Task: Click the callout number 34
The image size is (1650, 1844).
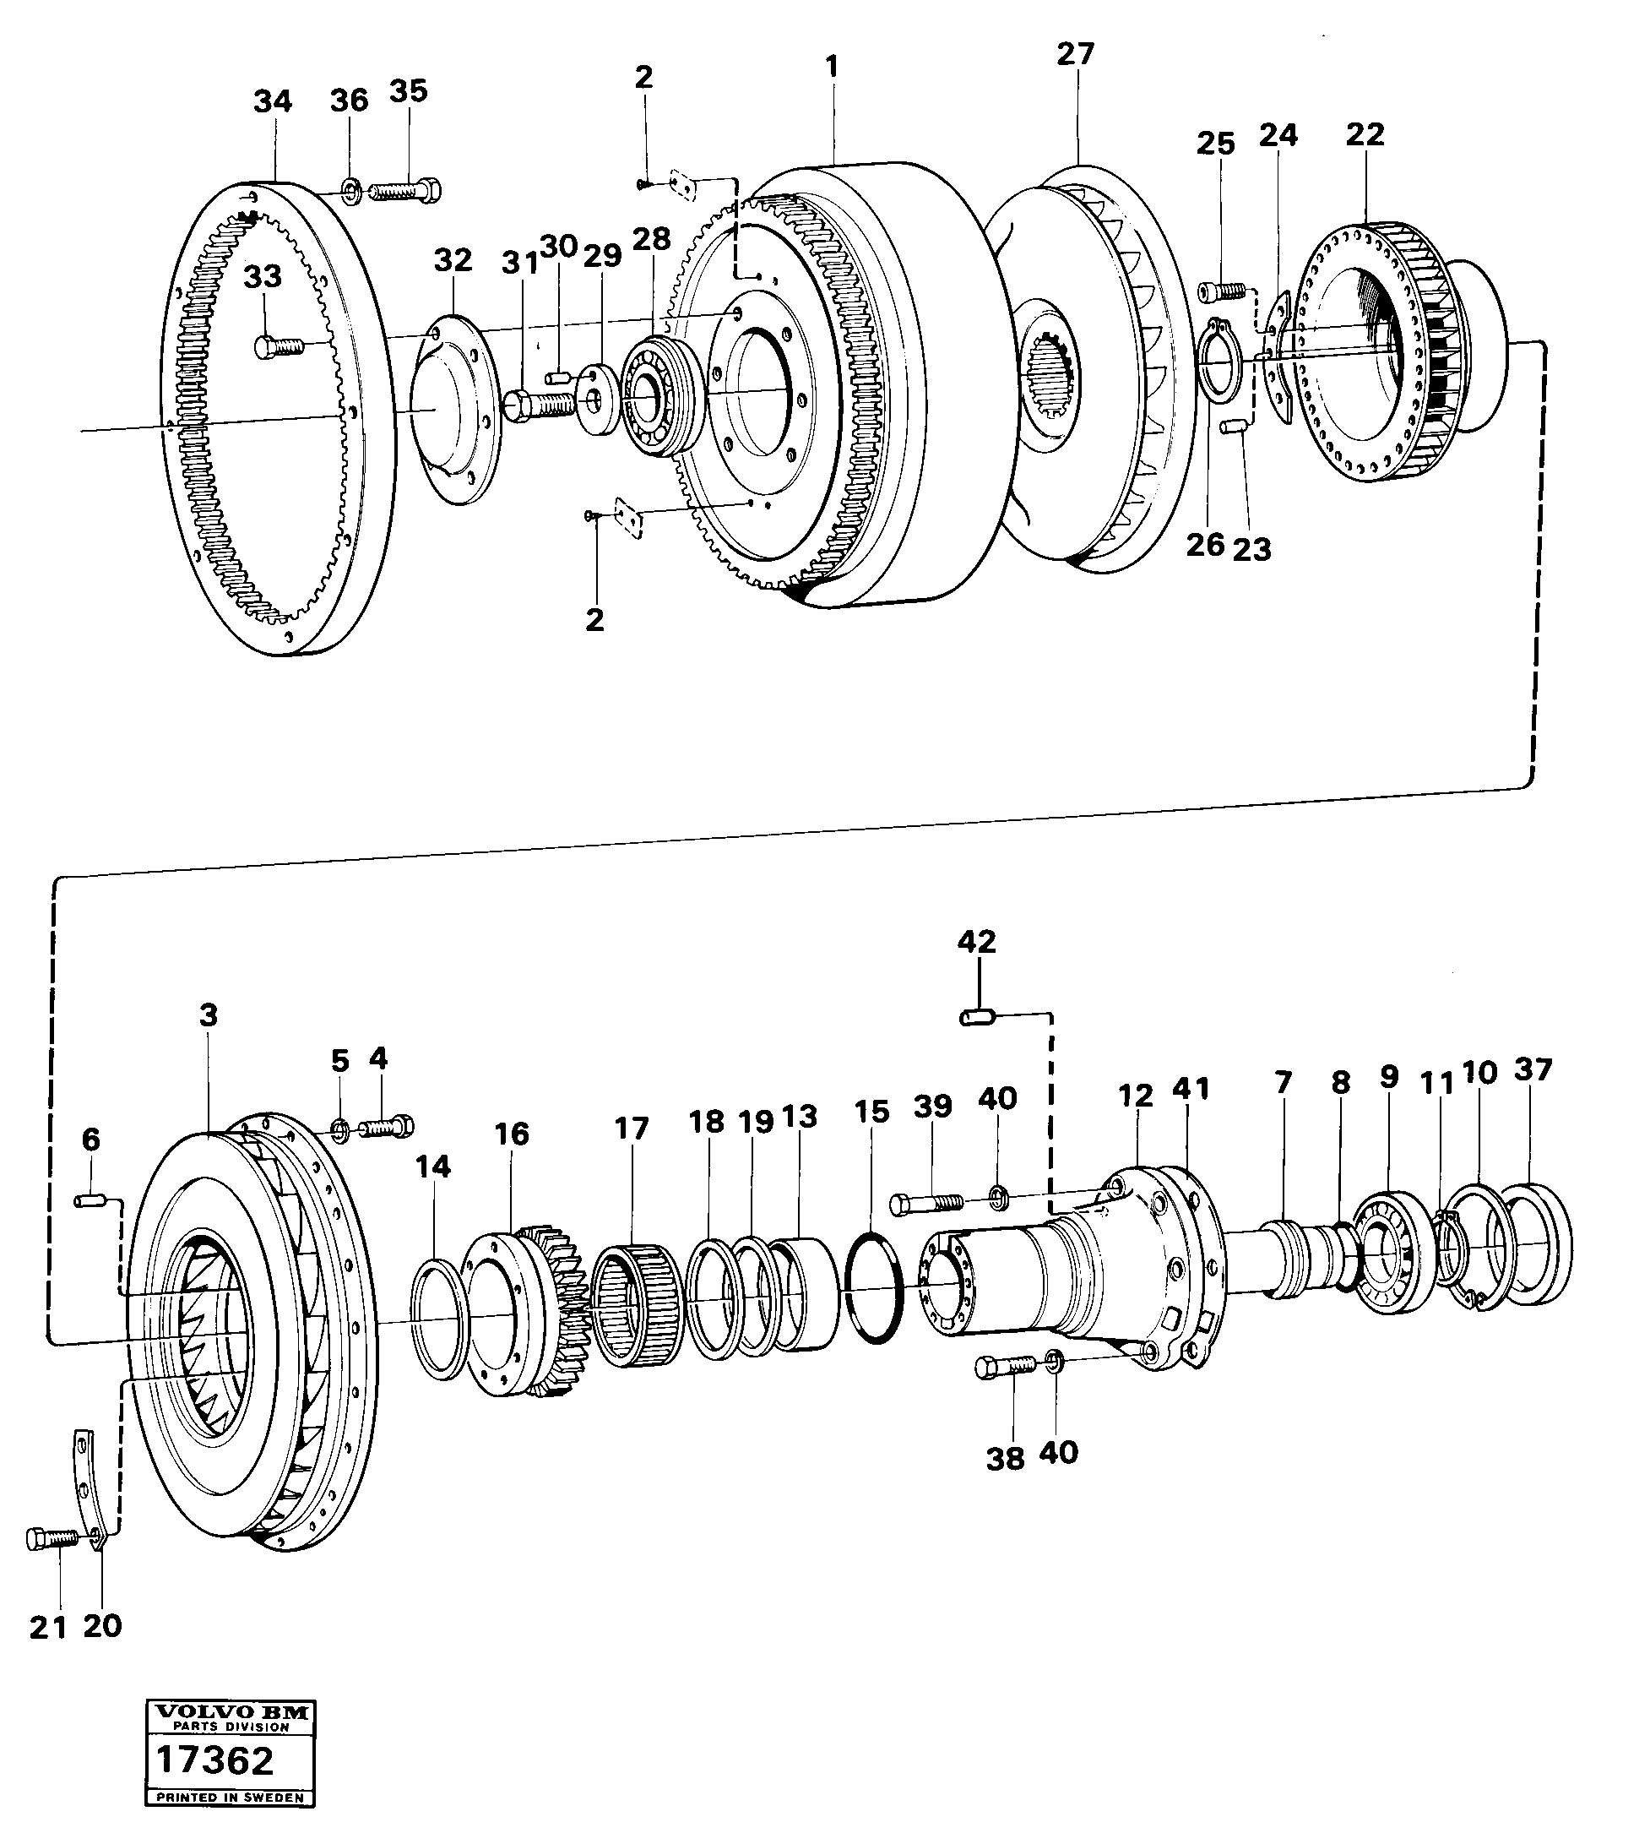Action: point(272,101)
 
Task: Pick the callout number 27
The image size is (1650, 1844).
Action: point(1075,54)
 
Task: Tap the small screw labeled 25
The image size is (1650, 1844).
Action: point(1221,291)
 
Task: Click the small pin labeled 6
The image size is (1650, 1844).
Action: point(89,1201)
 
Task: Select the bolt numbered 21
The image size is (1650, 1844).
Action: point(52,1538)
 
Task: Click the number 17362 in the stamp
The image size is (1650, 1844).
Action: point(214,1760)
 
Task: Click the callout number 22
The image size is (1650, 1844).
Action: point(1365,134)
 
